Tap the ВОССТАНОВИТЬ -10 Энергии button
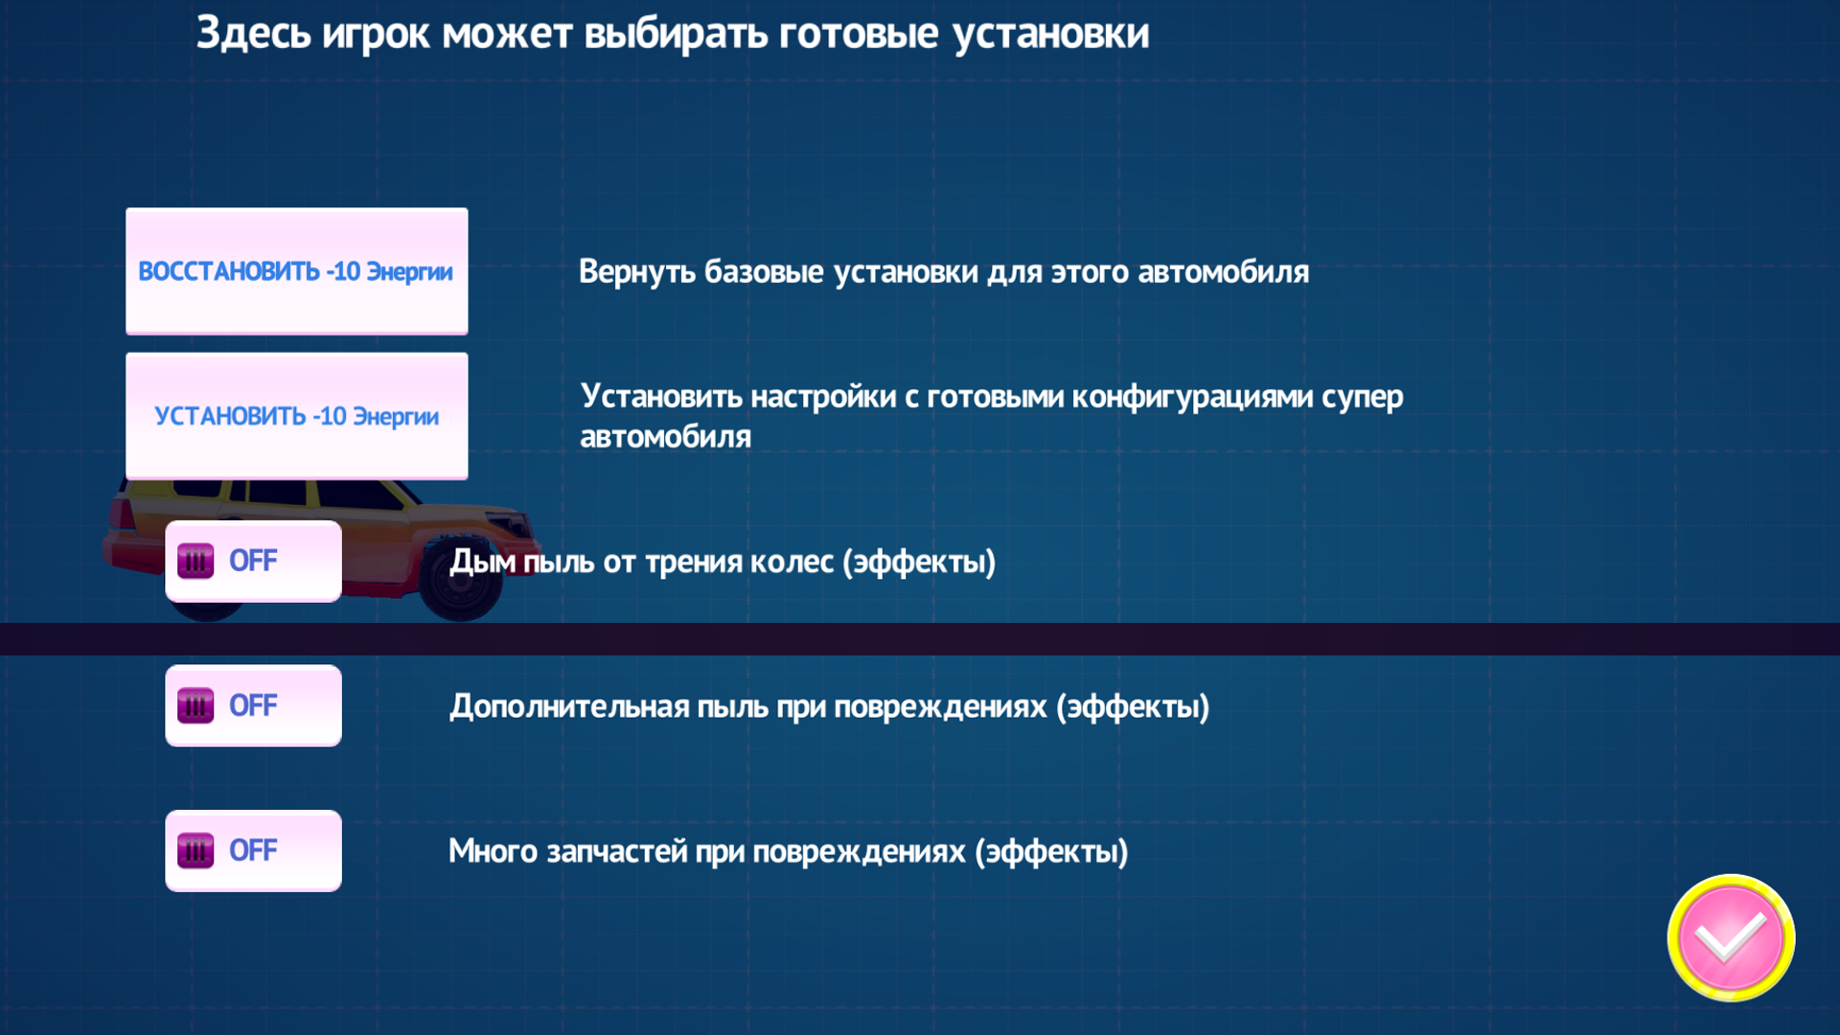(x=296, y=271)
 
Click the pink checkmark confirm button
(x=1731, y=937)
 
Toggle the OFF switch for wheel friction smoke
(x=253, y=562)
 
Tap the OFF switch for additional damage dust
(x=253, y=706)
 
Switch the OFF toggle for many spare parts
(x=253, y=851)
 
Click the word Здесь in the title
(x=253, y=34)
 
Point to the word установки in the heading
(x=1050, y=34)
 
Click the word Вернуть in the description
(x=635, y=272)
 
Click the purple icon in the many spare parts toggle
(x=195, y=851)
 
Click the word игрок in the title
(x=376, y=34)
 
